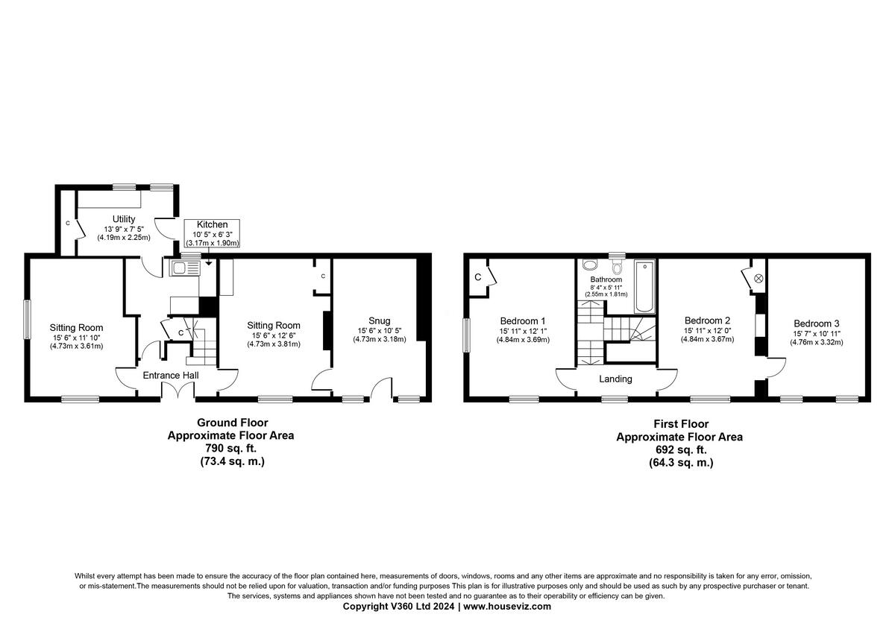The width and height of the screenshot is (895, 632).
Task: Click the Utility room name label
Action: pos(124,218)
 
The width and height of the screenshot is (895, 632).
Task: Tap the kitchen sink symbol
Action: pos(183,269)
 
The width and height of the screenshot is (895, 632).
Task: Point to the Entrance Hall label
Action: pos(170,376)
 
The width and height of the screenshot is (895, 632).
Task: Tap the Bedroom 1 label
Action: pos(522,321)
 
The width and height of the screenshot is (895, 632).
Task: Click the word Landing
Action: pos(615,379)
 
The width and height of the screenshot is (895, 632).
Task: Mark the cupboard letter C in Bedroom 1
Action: pos(477,277)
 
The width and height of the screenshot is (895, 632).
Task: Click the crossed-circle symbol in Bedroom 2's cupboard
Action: pos(759,278)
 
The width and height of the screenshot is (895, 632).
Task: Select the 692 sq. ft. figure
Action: pos(679,449)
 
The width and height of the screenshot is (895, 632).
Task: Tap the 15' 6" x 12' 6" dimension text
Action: pos(274,336)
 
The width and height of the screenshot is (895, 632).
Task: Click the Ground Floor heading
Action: pos(232,423)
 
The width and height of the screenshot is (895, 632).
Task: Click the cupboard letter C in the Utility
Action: pos(67,223)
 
